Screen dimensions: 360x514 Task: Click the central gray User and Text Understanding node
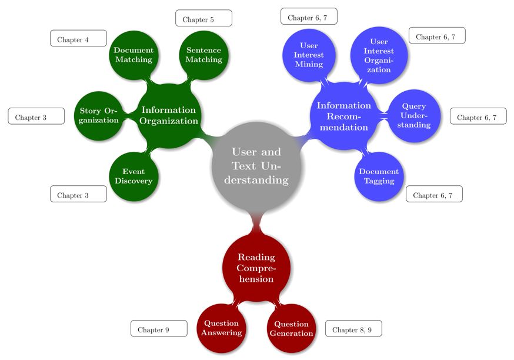256,166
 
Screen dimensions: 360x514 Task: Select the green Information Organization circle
169,115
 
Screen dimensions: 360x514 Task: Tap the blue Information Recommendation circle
343,116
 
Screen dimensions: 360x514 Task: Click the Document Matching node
133,55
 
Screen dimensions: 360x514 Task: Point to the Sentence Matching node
203,55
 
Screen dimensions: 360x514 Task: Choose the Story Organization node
99,115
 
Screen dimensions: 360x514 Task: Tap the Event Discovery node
133,176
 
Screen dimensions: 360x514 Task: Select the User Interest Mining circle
308,55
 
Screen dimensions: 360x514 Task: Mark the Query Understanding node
414,116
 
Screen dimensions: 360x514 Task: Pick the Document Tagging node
379,176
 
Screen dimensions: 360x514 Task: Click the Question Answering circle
221,328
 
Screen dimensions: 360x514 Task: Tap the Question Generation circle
291,328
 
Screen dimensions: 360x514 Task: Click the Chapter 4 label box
78,39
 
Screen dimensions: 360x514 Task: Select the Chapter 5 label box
203,18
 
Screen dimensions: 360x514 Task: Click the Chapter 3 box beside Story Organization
36,116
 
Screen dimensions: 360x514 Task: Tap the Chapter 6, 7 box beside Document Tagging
434,194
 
